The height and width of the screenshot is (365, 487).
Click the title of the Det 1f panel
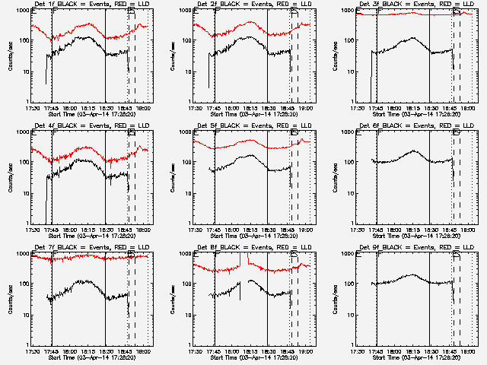coord(91,5)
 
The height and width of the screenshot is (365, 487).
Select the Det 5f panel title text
coord(253,127)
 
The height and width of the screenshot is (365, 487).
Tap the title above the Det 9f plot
coord(416,248)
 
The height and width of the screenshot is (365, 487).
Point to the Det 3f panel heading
coord(416,5)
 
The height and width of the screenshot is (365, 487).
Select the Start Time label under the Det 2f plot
coord(253,114)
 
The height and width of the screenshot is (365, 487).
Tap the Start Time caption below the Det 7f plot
coord(91,357)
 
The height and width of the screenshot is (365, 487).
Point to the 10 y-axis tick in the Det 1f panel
coord(25,71)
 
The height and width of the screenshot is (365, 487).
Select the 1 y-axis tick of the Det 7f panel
coord(27,344)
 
